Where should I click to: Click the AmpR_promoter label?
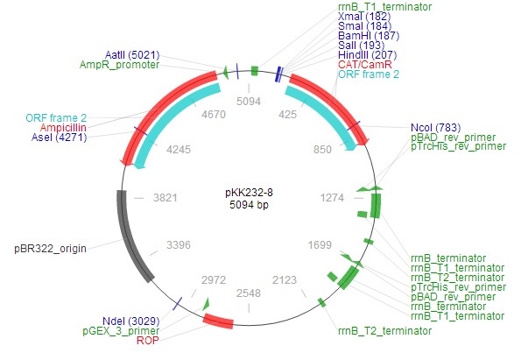pyautogui.click(x=119, y=65)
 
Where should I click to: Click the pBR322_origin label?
pyautogui.click(x=50, y=248)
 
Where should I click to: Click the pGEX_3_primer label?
pyautogui.click(x=121, y=330)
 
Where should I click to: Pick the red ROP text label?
pyautogui.click(x=148, y=341)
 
